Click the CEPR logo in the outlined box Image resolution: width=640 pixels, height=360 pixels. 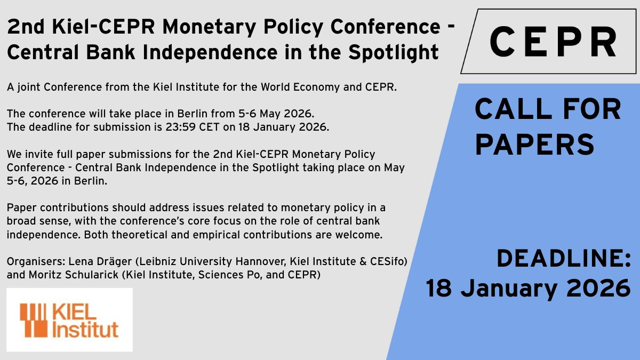point(553,42)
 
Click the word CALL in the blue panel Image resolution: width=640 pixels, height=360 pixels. point(513,109)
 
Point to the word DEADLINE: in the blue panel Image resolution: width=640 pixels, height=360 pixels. point(563,258)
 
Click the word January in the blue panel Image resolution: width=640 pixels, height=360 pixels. point(509,289)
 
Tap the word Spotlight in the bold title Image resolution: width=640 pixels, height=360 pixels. point(394,53)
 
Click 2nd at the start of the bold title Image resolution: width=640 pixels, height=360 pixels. point(26,27)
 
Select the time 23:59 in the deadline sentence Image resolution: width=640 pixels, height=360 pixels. point(180,127)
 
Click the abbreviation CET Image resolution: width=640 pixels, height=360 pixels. point(209,127)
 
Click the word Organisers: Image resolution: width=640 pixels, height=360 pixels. point(36,261)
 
